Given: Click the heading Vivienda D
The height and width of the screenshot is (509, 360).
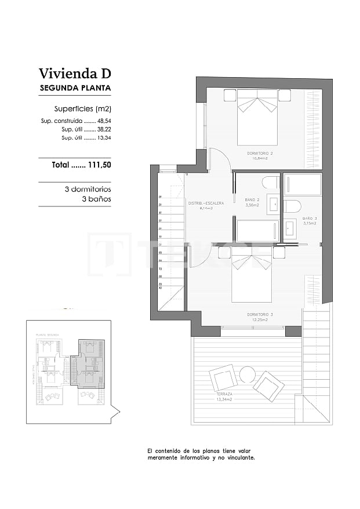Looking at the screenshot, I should coord(74,74).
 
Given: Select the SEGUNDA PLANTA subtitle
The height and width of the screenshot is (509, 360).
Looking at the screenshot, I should coord(74,88).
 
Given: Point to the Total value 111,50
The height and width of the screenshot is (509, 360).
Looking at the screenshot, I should coord(99,165).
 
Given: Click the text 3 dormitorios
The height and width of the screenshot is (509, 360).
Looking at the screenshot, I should coord(88,189).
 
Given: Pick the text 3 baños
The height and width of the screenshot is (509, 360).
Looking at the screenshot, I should coord(96,199).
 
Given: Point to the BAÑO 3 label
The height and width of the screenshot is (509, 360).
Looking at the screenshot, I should coord(308,219).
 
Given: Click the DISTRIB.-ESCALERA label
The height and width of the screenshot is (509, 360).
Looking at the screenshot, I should coord(205,203).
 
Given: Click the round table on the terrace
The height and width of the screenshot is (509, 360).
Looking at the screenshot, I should coord(248,375).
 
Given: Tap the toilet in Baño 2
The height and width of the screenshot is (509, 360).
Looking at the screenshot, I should coord(271,183).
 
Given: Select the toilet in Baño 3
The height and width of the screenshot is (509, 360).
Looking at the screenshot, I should coord(292,206).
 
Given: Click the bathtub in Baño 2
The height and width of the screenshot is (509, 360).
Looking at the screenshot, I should coord(258,231).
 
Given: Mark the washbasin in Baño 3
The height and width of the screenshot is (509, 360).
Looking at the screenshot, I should coord(290,228).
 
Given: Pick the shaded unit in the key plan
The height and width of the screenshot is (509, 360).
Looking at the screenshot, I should coord(87,362).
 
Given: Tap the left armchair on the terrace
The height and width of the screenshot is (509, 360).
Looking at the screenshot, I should coord(223,378).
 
